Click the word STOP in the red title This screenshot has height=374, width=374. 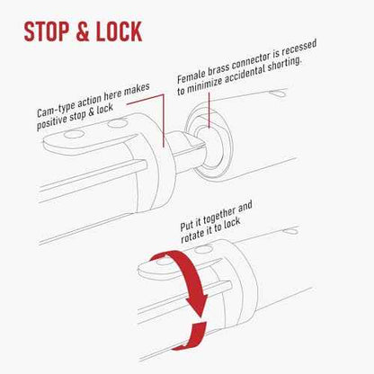pos(46,31)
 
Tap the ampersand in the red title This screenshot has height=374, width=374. pos(82,31)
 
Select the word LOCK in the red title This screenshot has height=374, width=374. pos(119,31)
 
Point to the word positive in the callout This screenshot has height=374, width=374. pos(51,122)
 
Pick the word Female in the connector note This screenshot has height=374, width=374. pos(191,76)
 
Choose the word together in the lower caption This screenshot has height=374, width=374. pos(219,217)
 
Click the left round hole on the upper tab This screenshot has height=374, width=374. pos(74,134)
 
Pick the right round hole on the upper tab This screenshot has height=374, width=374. pos(118,122)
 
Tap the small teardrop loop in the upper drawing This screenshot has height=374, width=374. pos(279,93)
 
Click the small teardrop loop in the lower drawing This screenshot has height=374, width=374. pos(291,231)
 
